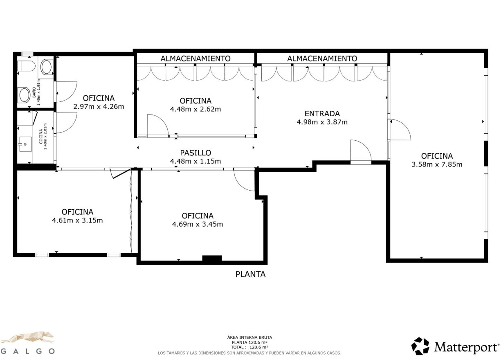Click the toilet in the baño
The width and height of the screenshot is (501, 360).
click(x=27, y=66)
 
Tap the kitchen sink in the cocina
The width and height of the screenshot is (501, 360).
click(x=25, y=144)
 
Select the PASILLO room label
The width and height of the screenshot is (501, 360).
click(x=195, y=153)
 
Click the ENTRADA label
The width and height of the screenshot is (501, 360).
click(x=322, y=114)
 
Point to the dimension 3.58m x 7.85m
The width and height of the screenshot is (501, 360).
click(x=437, y=164)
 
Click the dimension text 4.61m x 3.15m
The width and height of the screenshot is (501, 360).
click(x=77, y=220)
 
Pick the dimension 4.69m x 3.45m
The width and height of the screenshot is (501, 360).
click(x=198, y=224)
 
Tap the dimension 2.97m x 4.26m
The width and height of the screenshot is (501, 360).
click(x=99, y=106)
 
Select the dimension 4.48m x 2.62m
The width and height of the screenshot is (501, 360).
click(x=195, y=109)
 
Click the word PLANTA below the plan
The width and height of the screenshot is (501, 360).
click(x=250, y=274)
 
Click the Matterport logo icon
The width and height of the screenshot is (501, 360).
click(x=420, y=346)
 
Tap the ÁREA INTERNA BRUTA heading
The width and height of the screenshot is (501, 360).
click(x=249, y=337)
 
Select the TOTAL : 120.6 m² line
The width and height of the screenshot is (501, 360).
click(x=249, y=347)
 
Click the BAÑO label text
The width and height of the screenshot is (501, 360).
click(x=34, y=92)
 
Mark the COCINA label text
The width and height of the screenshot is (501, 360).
click(x=41, y=137)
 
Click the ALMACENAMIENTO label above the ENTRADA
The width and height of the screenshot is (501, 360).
click(x=322, y=59)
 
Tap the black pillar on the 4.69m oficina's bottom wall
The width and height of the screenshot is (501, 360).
click(x=212, y=258)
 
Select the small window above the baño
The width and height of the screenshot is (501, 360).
click(x=27, y=54)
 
